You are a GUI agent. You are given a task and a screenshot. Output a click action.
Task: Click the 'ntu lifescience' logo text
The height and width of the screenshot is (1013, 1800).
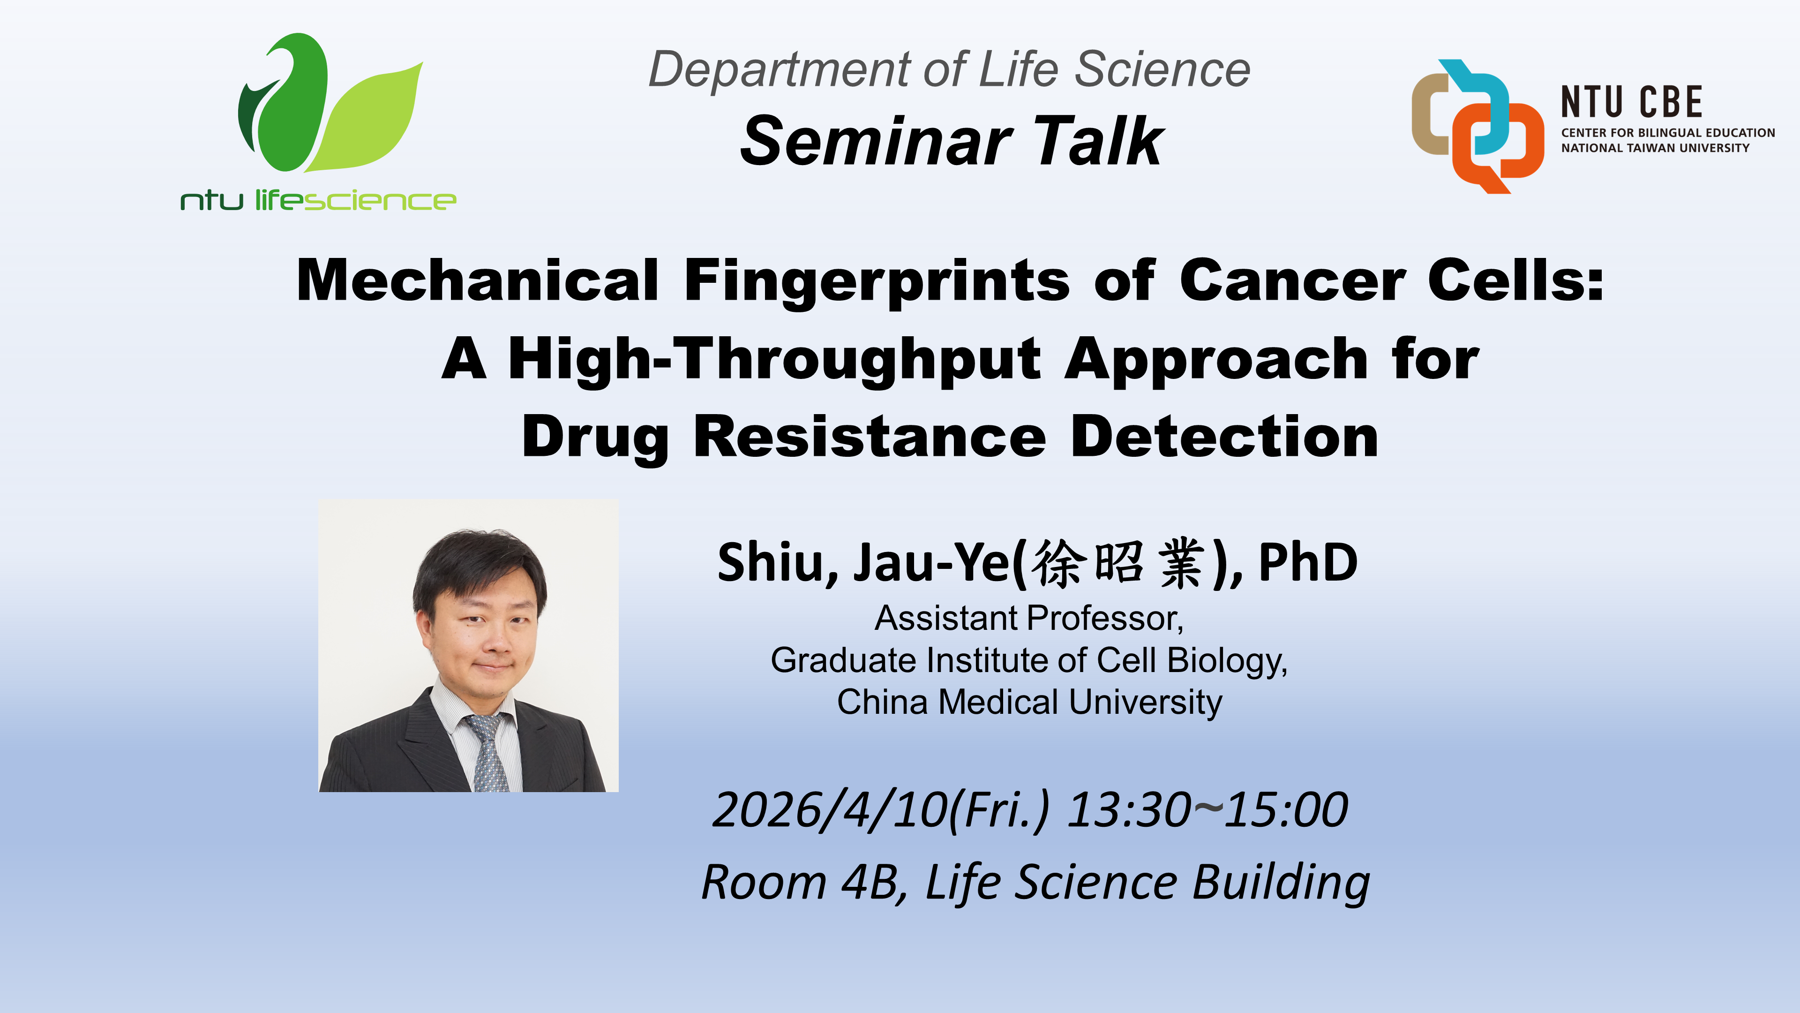318,201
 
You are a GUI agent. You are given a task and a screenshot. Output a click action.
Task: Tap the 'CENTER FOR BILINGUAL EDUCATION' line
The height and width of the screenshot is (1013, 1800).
1667,133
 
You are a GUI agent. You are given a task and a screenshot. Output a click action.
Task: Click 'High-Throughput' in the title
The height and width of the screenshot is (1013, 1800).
774,359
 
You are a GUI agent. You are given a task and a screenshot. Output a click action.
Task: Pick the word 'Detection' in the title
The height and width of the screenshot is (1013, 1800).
1224,437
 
